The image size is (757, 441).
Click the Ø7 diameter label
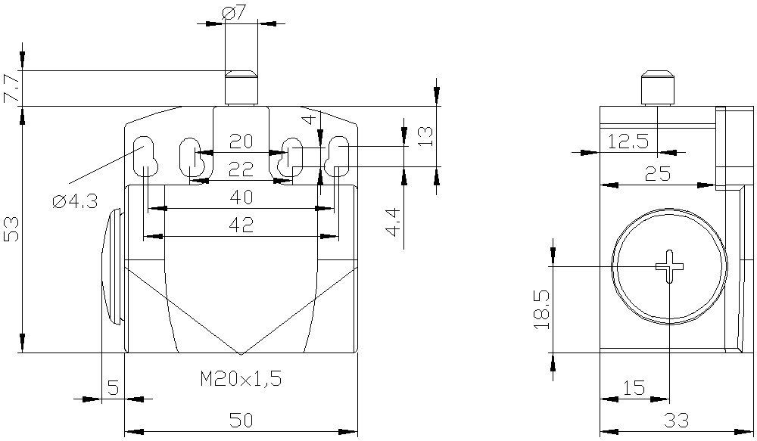[x=234, y=14]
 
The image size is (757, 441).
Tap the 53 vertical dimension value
[x=11, y=228]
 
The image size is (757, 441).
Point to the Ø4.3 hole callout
[x=75, y=200]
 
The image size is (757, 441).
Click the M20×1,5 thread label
[x=241, y=379]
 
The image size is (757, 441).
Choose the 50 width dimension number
[x=241, y=421]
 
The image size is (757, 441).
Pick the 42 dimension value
[x=241, y=225]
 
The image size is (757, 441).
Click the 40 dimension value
[x=241, y=197]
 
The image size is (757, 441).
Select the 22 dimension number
[x=241, y=169]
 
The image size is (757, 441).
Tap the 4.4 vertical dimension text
[x=394, y=222]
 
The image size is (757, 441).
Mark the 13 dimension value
[x=425, y=138]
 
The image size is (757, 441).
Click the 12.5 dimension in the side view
[x=628, y=142]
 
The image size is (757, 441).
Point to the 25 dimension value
[x=658, y=173]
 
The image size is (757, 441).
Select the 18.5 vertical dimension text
[x=542, y=309]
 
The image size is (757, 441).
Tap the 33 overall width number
[x=676, y=421]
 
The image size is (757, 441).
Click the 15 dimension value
[x=634, y=387]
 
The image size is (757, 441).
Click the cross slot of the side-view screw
[x=670, y=266]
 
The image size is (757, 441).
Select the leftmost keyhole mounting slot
[x=144, y=157]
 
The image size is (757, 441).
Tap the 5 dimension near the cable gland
[x=113, y=387]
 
